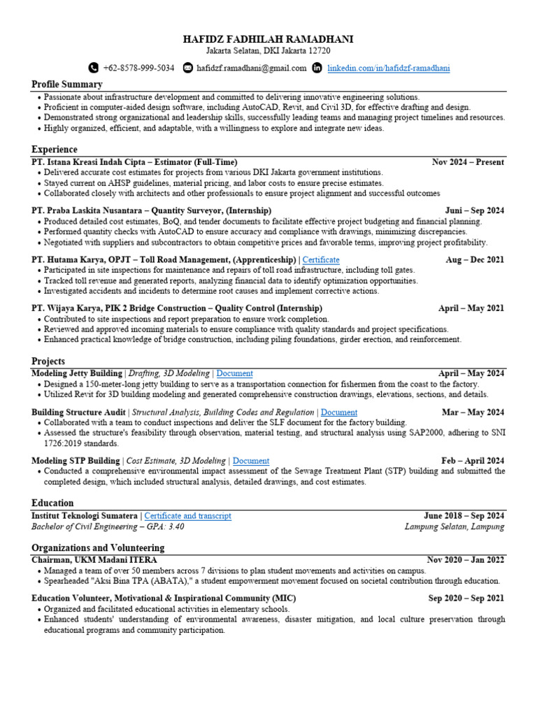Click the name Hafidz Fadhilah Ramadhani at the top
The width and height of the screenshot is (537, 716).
[x=268, y=39]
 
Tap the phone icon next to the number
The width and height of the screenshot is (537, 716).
[x=94, y=68]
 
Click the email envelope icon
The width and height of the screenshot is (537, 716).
[x=187, y=68]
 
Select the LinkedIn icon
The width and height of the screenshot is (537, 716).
[x=317, y=68]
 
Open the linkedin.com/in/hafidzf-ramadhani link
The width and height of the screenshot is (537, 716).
[x=389, y=68]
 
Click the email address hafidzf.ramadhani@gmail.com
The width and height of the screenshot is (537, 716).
[x=252, y=68]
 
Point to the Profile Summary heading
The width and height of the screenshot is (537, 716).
[x=67, y=85]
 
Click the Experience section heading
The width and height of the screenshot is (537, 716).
[x=55, y=150]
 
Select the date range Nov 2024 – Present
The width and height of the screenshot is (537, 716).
[x=468, y=162]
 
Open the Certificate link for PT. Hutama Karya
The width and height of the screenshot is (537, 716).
[x=321, y=259]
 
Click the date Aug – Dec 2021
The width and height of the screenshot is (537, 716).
[x=475, y=259]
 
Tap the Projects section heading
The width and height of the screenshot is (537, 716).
[x=48, y=361]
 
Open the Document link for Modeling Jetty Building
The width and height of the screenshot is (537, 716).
[x=235, y=373]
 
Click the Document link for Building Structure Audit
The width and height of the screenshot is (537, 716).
[x=339, y=413]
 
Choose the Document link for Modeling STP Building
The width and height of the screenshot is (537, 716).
[x=251, y=461]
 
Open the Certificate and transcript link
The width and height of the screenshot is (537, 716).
[x=187, y=516]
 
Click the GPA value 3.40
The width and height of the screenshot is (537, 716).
[x=176, y=527]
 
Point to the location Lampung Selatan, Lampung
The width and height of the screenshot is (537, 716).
[x=454, y=527]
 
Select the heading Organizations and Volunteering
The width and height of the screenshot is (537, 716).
[x=98, y=548]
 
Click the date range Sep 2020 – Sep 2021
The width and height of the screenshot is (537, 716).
[x=466, y=599]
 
